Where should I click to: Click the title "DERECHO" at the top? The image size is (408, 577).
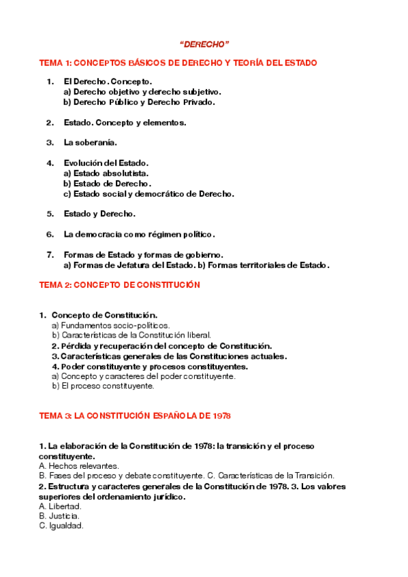pos(204,44)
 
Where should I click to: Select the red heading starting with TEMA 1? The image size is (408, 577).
pos(178,63)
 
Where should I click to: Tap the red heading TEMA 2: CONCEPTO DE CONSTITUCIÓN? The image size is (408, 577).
pos(119,285)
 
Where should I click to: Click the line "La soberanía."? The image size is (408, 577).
pos(91,143)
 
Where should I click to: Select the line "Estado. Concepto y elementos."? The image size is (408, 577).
pos(125,122)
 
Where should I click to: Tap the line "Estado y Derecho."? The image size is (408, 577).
pos(99,214)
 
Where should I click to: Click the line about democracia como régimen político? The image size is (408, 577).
pos(139,234)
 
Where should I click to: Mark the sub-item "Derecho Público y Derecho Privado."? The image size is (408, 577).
pos(139,102)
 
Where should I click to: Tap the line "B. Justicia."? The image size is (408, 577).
pos(60,516)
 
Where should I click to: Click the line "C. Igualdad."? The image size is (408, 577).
pos(61,526)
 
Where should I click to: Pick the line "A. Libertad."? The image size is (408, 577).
pos(61,506)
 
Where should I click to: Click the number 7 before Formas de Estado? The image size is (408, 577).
pos(50,254)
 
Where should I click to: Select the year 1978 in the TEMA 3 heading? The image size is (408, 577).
pos(221,415)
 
